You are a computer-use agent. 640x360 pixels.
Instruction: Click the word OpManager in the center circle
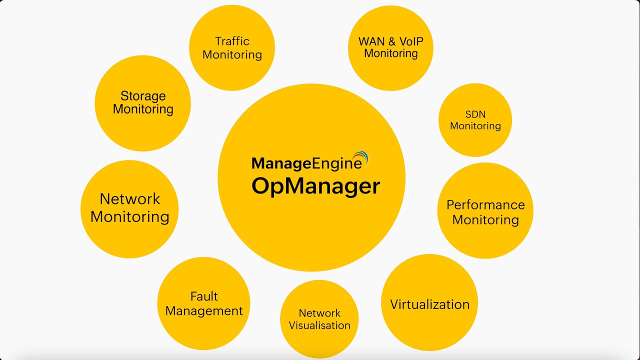pyautogui.click(x=315, y=186)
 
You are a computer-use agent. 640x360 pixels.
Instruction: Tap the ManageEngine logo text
pyautogui.click(x=306, y=163)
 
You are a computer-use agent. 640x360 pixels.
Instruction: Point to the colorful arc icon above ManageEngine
pyautogui.click(x=360, y=158)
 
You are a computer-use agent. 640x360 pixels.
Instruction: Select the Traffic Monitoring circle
pyautogui.click(x=232, y=48)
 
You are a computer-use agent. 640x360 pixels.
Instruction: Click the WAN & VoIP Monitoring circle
pyautogui.click(x=390, y=47)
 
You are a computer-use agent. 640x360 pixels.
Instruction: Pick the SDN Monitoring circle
pyautogui.click(x=475, y=120)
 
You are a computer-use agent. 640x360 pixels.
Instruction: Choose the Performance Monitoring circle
pyautogui.click(x=485, y=211)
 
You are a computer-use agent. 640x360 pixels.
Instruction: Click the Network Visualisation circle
pyautogui.click(x=319, y=319)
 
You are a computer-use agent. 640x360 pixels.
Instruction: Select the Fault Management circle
pyautogui.click(x=203, y=303)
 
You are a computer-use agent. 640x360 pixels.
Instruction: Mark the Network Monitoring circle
pyautogui.click(x=129, y=208)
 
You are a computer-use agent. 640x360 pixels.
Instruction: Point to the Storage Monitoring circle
pyautogui.click(x=143, y=102)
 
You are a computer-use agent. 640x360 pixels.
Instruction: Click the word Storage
pyautogui.click(x=143, y=96)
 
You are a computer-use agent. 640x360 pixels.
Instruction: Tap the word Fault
pyautogui.click(x=204, y=296)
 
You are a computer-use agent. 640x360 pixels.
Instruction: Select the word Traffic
pyautogui.click(x=232, y=41)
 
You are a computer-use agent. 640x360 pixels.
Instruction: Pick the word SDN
pyautogui.click(x=475, y=114)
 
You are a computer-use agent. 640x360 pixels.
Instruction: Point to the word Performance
pyautogui.click(x=485, y=205)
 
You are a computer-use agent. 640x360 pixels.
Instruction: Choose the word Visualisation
pyautogui.click(x=319, y=325)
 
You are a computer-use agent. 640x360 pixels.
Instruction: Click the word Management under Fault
pyautogui.click(x=204, y=311)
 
